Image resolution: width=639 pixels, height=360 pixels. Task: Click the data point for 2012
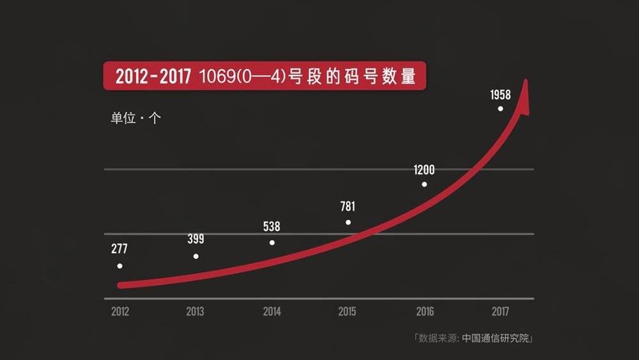click(119, 265)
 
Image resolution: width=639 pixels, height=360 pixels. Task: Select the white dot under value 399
click(196, 256)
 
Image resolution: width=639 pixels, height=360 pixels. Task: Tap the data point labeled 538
click(272, 242)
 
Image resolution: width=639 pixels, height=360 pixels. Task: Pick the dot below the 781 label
click(348, 223)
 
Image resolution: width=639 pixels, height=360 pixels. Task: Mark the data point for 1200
click(424, 184)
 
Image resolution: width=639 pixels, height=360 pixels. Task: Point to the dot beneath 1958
click(500, 109)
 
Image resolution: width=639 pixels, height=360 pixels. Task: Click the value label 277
click(119, 248)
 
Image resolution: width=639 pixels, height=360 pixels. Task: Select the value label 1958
click(500, 95)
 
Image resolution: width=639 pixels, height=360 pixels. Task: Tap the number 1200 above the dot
click(424, 170)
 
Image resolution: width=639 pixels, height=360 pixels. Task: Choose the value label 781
click(348, 207)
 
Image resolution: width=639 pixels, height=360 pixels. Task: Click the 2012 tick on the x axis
click(119, 312)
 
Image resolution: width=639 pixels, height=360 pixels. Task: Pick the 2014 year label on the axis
click(272, 312)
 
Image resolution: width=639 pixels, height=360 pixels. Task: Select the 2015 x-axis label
click(348, 312)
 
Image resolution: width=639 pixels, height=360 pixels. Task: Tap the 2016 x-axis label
click(424, 312)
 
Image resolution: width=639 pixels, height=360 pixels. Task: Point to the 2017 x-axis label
click(500, 312)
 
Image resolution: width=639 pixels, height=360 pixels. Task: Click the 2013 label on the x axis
click(196, 312)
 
